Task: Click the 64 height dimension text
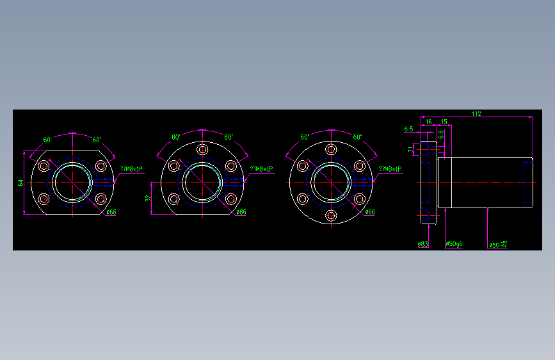pos(20,183)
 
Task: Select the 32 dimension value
pos(149,199)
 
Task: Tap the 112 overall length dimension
pos(476,113)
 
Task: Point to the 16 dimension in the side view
pos(428,121)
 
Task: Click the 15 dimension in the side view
pos(444,121)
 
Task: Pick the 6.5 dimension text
pos(408,129)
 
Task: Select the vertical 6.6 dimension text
pos(440,134)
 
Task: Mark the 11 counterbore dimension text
pos(410,149)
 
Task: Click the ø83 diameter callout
pos(422,244)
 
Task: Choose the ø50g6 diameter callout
pos(454,244)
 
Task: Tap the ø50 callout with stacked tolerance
pos(497,244)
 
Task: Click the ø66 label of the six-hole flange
pos(369,212)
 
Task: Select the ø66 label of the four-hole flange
pos(111,212)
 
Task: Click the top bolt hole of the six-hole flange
pos(331,149)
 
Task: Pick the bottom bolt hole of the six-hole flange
pos(331,215)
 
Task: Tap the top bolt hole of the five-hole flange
pos(203,149)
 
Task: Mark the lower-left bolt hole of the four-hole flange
pos(44,199)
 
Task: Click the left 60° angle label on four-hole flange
pos(47,139)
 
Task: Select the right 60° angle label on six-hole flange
pos(357,137)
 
